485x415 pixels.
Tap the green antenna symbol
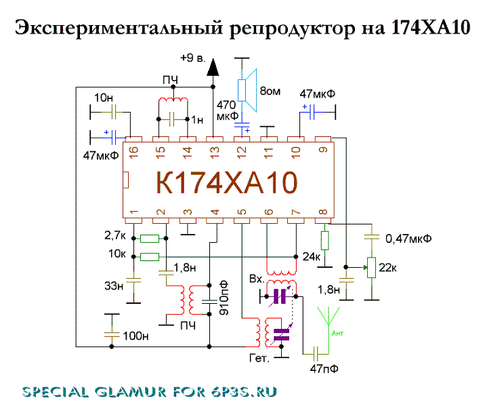[x=328, y=324]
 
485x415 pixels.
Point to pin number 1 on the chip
[x=134, y=211]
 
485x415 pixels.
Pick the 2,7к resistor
[x=149, y=238]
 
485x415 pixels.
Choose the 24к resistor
[x=324, y=240]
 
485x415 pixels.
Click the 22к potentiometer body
[x=371, y=266]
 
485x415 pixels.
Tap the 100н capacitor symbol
[x=111, y=334]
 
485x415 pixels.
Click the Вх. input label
[x=258, y=279]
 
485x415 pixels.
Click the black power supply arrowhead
[x=214, y=66]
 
